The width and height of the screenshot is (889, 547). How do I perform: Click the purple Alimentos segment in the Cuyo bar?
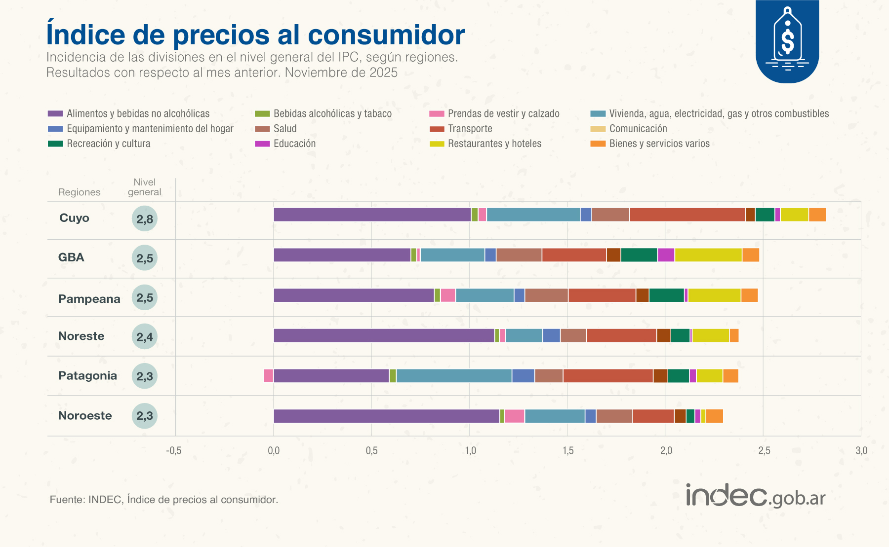point(372,215)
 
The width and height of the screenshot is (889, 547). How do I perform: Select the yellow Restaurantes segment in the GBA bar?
point(708,255)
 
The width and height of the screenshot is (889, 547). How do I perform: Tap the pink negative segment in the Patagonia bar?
point(268,375)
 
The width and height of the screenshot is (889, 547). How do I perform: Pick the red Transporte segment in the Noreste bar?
point(621,335)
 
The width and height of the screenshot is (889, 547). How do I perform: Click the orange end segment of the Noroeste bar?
point(714,416)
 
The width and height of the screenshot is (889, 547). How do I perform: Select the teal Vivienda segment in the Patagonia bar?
point(453,375)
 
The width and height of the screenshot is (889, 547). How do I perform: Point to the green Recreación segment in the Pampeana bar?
point(666,295)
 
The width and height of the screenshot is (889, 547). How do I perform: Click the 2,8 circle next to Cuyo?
point(145,219)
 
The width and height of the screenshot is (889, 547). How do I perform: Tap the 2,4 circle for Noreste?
point(145,337)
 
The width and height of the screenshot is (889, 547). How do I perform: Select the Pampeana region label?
point(89,299)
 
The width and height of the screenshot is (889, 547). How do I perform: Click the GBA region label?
point(71,257)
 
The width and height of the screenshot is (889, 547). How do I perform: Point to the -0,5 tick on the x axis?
point(173,450)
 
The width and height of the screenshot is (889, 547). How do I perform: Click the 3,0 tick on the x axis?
point(861,450)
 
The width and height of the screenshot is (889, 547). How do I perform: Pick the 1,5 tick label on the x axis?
point(567,450)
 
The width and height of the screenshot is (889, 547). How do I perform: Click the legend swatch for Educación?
point(262,144)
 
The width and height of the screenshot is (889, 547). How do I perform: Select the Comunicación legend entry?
point(638,129)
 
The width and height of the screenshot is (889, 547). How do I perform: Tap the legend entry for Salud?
point(285,129)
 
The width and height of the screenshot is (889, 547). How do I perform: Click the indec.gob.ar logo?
point(755,495)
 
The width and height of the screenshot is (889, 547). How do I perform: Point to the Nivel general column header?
point(144,187)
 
